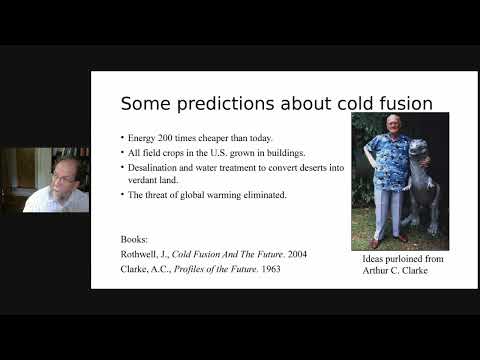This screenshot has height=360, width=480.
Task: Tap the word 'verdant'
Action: pyautogui.click(x=143, y=180)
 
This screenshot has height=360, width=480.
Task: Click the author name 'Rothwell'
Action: pyautogui.click(x=139, y=254)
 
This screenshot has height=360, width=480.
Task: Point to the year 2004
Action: pyautogui.click(x=295, y=254)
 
